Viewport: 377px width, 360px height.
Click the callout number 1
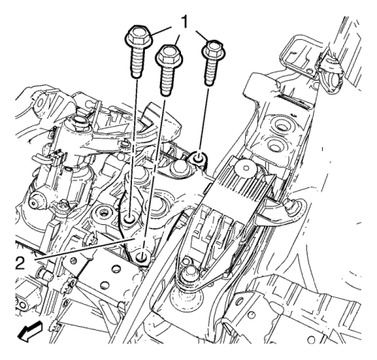click(185, 23)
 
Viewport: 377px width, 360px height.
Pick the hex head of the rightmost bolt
click(213, 50)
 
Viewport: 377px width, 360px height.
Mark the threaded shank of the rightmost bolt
click(210, 72)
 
